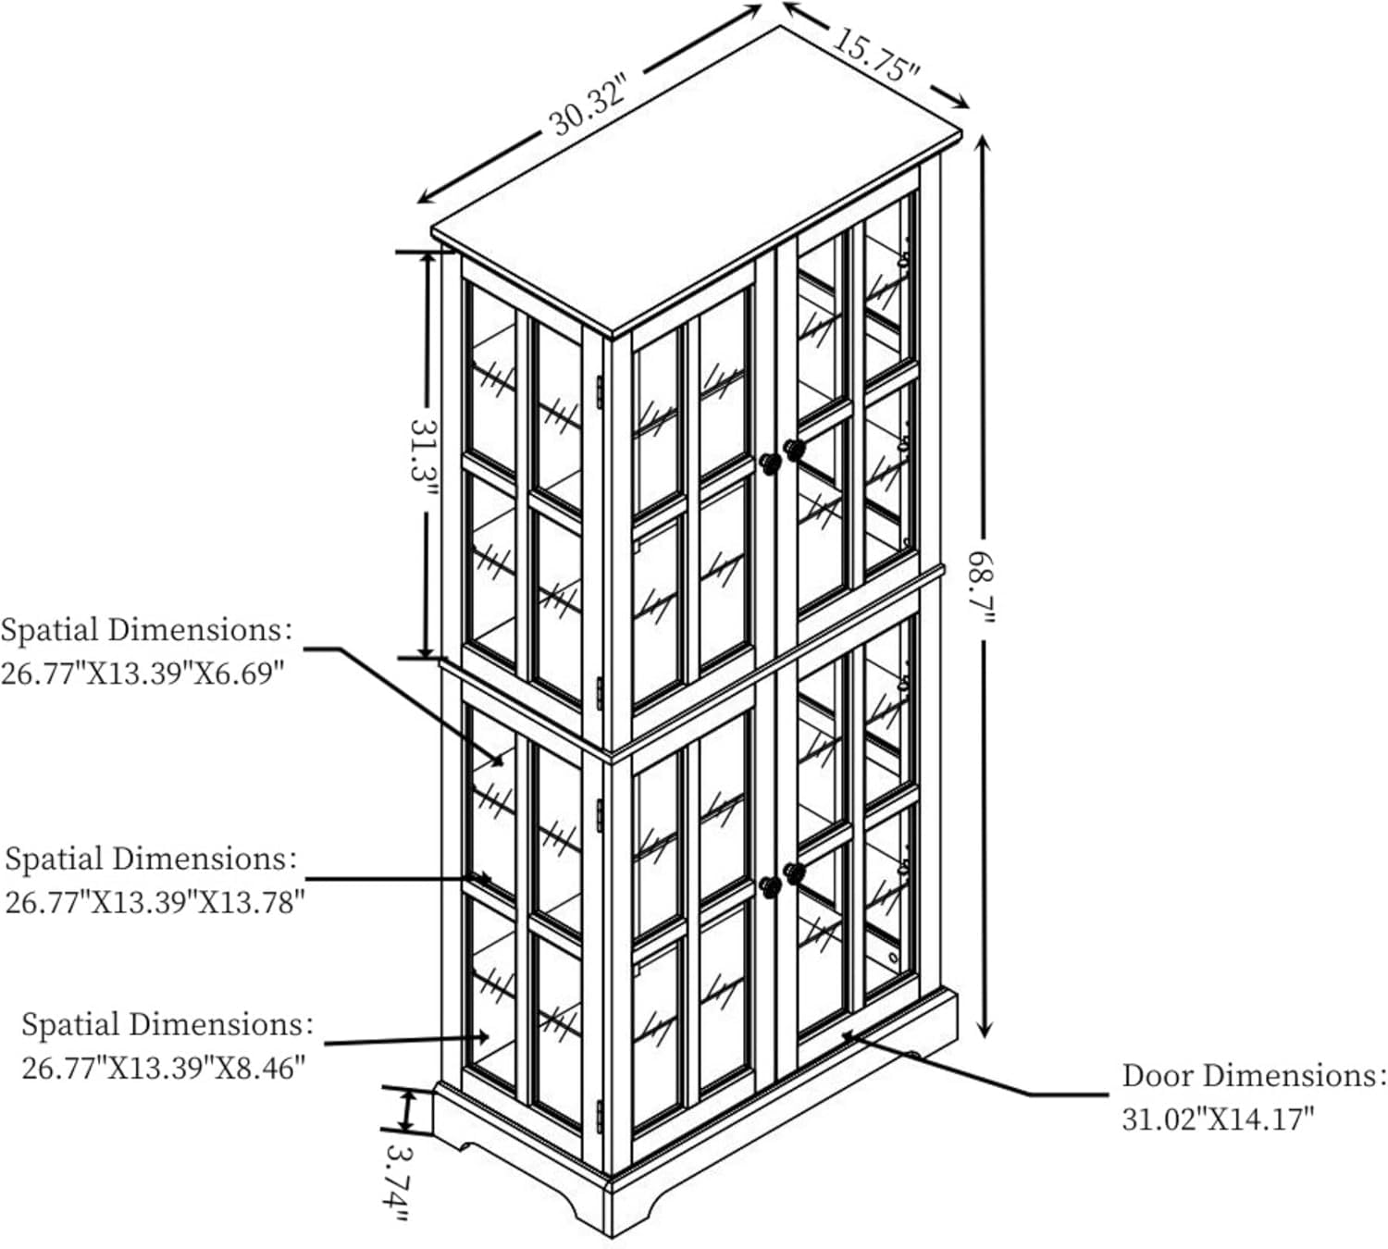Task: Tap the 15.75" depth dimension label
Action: coord(876,54)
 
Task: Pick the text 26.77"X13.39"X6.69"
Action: coord(143,674)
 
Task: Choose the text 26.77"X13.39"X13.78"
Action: coord(155,902)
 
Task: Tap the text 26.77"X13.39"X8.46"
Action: coord(163,1068)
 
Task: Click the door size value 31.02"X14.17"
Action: coord(1218,1119)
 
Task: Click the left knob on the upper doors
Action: coord(770,463)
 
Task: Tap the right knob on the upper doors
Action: coord(795,450)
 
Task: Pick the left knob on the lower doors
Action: coord(770,886)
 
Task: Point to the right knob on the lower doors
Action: coord(795,873)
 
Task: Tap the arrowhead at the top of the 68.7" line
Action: coord(984,144)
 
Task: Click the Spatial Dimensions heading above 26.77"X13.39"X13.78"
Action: coord(150,859)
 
